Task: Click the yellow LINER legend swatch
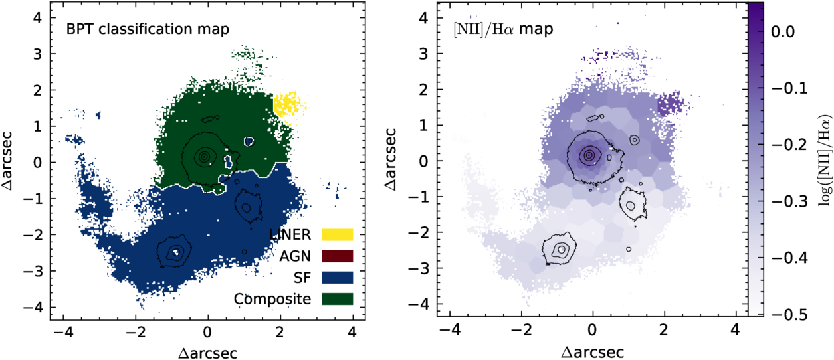pos(338,234)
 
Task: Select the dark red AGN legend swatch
pos(338,256)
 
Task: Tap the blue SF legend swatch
pos(338,278)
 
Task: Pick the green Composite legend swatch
pos(338,299)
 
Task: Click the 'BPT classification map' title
pos(148,29)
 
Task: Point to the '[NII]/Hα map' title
pos(503,29)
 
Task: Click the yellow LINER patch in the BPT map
pos(288,106)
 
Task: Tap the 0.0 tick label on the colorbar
pos(783,32)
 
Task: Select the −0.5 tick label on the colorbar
pos(789,315)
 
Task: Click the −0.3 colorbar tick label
pos(789,201)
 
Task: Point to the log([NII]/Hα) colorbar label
pos(824,160)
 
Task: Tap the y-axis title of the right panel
pos(391,159)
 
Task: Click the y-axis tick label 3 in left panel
pos(37,54)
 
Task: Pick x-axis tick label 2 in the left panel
pos(280,331)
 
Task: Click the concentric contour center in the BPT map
pos(203,157)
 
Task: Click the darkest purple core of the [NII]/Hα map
pos(589,155)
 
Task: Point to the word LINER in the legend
pos(290,235)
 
